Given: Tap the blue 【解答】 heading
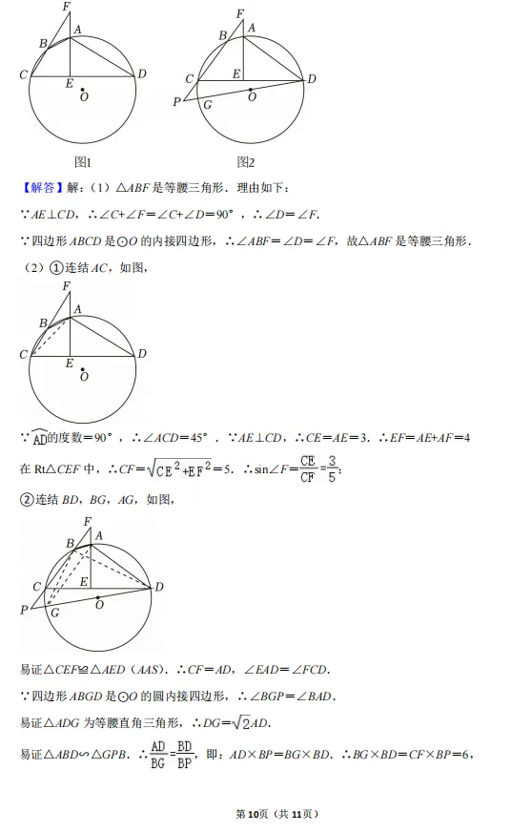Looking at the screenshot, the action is (x=39, y=188).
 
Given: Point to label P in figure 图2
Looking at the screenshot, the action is (x=176, y=102).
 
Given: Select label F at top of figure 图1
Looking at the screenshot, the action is (x=66, y=8).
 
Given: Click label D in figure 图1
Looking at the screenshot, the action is (x=142, y=74).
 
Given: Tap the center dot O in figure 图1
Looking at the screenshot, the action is (x=83, y=93).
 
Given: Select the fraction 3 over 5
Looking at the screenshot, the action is (x=331, y=468).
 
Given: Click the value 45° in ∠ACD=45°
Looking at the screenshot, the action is (x=194, y=438).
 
